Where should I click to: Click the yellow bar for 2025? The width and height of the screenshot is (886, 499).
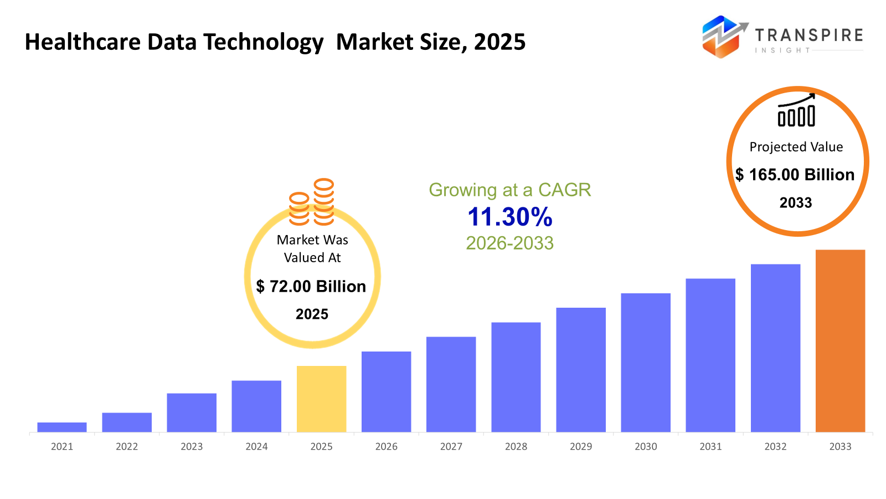tap(321, 399)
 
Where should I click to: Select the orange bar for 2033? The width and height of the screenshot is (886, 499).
tap(840, 340)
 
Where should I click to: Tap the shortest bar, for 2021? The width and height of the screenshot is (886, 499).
tap(62, 427)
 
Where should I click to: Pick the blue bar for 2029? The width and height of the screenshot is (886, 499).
tap(581, 369)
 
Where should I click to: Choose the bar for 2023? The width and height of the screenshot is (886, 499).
tap(192, 413)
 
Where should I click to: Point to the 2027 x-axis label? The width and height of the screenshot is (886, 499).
tap(451, 446)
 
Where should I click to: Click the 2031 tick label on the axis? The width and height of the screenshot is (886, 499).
tap(710, 446)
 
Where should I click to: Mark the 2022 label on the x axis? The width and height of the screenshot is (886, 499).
tap(127, 446)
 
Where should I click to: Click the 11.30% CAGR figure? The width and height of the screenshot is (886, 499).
tap(509, 217)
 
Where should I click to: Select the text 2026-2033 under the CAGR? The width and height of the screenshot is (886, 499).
tap(509, 243)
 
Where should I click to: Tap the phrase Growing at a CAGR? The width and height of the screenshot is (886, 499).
tap(509, 190)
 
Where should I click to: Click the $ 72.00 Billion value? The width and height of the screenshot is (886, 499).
tap(311, 286)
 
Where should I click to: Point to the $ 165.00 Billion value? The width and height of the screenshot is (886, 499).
tap(795, 175)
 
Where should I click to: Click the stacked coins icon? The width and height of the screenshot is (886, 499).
tap(312, 202)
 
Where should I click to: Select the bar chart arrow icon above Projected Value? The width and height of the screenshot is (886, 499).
tap(796, 110)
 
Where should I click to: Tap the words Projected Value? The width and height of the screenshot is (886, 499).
tap(796, 147)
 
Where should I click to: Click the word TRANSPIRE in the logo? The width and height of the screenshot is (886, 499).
tap(808, 35)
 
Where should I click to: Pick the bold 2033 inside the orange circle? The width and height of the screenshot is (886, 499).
tap(796, 203)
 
